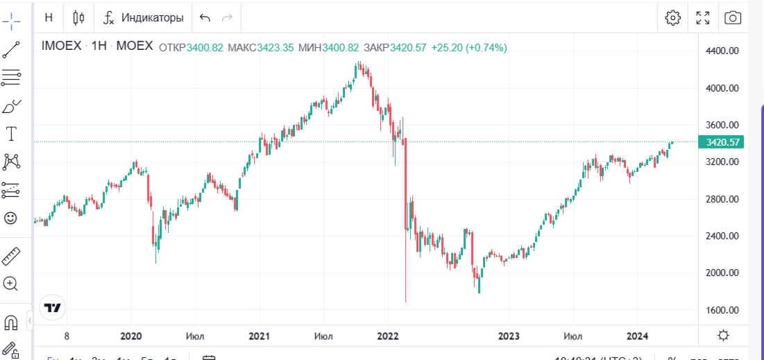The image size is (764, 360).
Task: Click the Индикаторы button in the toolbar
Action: [144, 17]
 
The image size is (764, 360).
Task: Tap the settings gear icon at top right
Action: [672, 18]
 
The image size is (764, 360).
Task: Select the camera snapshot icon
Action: [733, 18]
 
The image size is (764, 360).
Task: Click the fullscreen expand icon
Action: [703, 18]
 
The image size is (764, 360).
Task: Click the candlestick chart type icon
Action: [78, 17]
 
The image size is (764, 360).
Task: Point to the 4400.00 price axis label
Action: [721, 51]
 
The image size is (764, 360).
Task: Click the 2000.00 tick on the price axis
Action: [721, 273]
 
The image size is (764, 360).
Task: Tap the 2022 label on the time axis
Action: [387, 336]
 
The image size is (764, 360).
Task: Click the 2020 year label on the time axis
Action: [131, 336]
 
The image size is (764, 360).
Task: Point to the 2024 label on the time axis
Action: [637, 336]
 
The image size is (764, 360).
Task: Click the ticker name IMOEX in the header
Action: [62, 47]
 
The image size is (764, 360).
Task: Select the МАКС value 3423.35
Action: [275, 48]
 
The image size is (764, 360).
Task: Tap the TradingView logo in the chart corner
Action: [53, 307]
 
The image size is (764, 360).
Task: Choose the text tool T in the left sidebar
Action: [11, 134]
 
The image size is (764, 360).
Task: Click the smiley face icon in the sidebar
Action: [11, 218]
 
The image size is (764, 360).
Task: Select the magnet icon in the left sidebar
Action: [11, 323]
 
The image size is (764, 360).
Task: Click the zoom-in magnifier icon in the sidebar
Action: [11, 283]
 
